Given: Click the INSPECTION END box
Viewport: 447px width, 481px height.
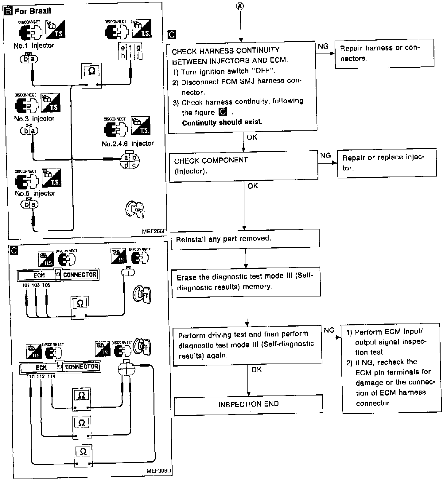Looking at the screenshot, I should coord(248,404).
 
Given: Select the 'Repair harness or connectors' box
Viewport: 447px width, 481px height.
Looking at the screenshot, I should coord(384,53).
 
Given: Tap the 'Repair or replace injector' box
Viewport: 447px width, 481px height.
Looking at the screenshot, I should coord(387,163).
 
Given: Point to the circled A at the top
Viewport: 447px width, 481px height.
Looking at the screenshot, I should coord(241,6).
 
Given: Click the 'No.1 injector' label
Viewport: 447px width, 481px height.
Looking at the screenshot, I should coord(34,46).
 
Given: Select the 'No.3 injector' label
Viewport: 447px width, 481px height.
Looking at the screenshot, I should coord(34,119).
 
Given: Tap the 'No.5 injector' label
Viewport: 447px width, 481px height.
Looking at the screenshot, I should coord(35,193).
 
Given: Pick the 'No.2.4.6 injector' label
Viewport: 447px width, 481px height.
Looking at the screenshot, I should coord(127,144).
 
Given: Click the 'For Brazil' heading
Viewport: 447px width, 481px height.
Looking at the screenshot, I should coord(32,11).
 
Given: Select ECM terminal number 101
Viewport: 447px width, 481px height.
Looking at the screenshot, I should coord(26,285).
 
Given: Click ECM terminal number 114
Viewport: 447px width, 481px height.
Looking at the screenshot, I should coord(51,376).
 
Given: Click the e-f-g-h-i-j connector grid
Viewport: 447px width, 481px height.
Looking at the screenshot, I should coord(130,52).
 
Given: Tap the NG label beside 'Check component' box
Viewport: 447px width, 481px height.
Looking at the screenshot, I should coord(325,156).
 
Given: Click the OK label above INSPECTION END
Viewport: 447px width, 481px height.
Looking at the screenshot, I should coord(256,369).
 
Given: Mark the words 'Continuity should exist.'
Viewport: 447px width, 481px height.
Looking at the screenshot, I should coord(222,122).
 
